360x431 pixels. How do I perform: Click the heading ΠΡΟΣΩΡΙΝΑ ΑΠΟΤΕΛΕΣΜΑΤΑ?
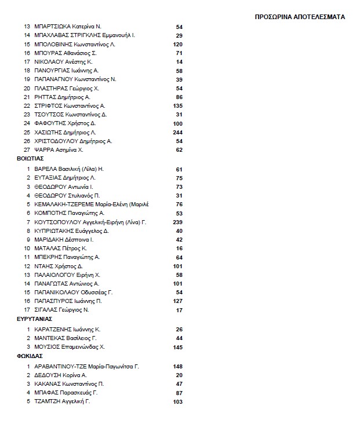pos(300,17)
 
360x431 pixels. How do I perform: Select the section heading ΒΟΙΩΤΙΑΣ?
pos(31,158)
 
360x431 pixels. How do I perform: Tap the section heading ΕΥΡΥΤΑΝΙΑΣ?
pos(35,319)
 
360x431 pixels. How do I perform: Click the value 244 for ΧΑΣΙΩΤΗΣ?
pos(177,132)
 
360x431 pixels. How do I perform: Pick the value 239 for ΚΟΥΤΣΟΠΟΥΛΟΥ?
pos(177,222)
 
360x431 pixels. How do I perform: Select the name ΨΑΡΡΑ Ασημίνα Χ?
pos(59,149)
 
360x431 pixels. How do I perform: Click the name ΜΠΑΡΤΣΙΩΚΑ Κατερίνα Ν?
pos(68,27)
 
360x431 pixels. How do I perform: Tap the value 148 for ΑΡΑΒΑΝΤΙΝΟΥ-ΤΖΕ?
pos(177,366)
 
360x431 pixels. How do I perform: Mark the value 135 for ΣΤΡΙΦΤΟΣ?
pos(177,106)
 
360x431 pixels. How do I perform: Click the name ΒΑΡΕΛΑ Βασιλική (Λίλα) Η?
pos(69,169)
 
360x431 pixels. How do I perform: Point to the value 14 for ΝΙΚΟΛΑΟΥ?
pos(179,61)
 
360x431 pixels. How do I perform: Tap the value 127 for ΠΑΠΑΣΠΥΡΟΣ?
pos(177,301)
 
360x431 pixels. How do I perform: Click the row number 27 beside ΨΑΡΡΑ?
pos(27,149)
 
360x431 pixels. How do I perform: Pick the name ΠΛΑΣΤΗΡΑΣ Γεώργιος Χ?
pos(67,88)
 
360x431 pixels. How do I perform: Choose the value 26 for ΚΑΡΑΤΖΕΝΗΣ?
pos(179,329)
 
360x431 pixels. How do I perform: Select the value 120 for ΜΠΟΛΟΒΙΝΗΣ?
pos(177,45)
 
